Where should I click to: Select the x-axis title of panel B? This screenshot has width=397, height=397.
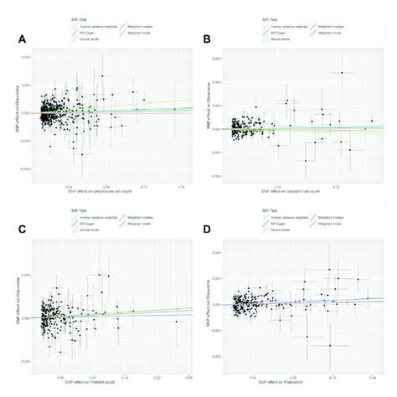tap(306, 193)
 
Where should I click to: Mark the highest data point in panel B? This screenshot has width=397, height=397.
tap(342, 73)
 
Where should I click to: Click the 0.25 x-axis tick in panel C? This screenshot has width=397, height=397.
tap(188, 375)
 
